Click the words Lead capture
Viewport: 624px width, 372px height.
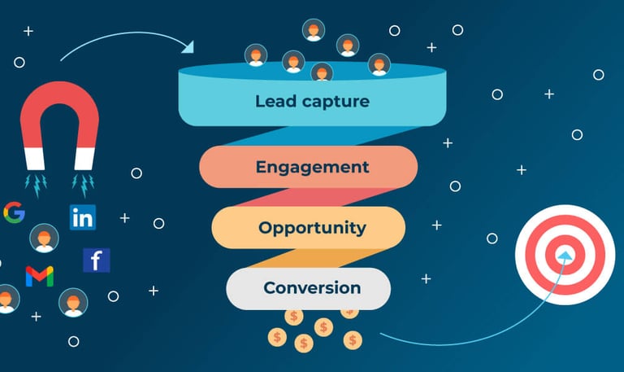pos(312,102)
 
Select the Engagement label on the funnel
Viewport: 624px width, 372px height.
pos(312,167)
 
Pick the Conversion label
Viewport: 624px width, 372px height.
pos(312,287)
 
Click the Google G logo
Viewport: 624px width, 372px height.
pos(14,212)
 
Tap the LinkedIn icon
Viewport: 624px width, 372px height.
pos(82,217)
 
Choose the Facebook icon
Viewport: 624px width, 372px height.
pos(96,260)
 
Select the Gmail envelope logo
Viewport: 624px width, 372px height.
pos(39,276)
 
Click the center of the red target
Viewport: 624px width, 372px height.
pos(564,255)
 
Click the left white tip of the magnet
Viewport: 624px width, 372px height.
pos(33,158)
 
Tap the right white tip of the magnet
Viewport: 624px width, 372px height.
pos(84,158)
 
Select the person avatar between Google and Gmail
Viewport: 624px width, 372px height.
pos(44,238)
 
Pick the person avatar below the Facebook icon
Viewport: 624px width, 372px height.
pos(73,302)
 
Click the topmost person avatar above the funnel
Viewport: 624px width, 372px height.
pos(313,30)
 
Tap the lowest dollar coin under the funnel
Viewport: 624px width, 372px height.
pos(304,344)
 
